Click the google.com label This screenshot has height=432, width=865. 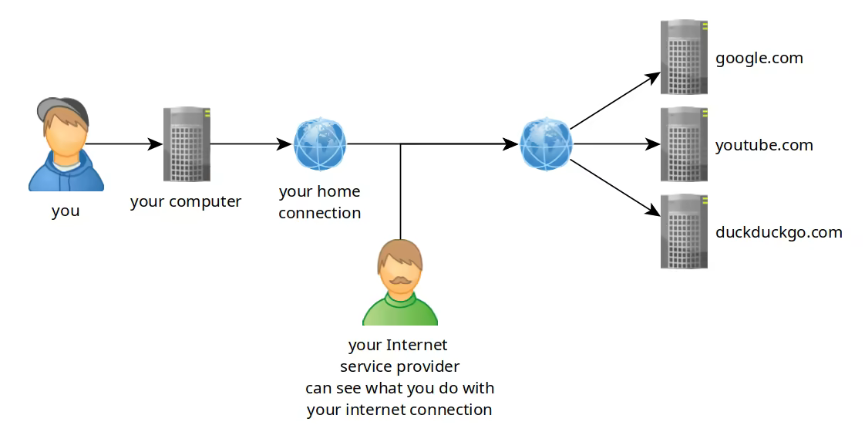(x=759, y=58)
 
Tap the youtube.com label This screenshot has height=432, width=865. (x=763, y=145)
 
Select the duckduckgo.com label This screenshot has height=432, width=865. (x=778, y=232)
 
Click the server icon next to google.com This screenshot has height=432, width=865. (x=684, y=57)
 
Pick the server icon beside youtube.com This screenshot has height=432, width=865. (x=684, y=144)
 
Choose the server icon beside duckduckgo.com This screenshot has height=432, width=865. (x=684, y=231)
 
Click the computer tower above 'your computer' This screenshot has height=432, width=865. (x=187, y=144)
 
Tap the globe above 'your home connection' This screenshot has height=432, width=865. (x=320, y=143)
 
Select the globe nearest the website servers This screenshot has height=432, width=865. (x=546, y=143)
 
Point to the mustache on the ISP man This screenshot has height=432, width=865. (x=399, y=278)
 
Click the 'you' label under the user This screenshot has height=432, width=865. (x=66, y=211)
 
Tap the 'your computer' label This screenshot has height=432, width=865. (x=186, y=202)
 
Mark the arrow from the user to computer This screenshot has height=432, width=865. (x=123, y=143)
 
